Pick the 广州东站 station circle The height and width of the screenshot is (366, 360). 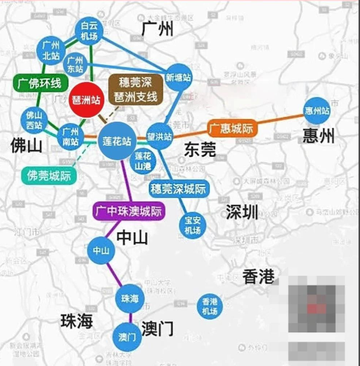click(x=75, y=64)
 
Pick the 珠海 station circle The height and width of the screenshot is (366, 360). click(x=129, y=298)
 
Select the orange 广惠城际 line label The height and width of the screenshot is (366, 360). click(x=231, y=128)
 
